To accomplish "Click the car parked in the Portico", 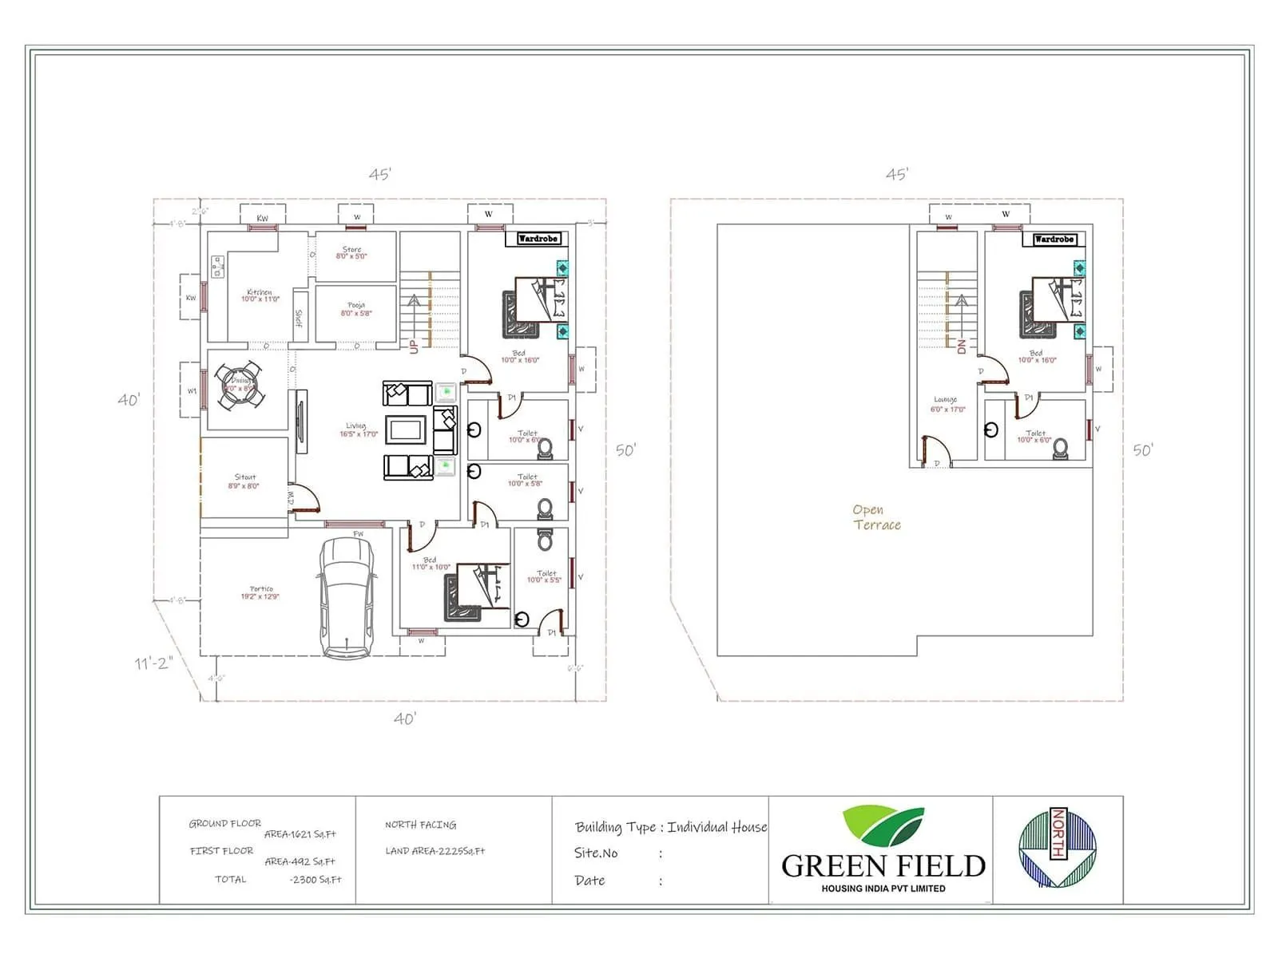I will [347, 597].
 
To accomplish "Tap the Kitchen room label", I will [260, 295].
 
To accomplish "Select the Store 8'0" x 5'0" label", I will [351, 252].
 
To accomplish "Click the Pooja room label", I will [356, 309].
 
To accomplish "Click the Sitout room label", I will [244, 481].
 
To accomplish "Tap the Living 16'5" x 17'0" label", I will [358, 430].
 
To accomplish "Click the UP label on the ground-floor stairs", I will [414, 346].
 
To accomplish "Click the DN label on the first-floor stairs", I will [962, 346].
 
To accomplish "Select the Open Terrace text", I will [876, 517].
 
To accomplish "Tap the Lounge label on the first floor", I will [947, 404].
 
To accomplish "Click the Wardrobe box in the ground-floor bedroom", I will [538, 239].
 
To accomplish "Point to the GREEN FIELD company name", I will [883, 866].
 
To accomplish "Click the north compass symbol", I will [1057, 848].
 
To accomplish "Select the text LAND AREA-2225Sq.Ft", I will [435, 851].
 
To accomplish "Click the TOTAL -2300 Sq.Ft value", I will [316, 880].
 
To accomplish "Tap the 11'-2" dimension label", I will [153, 663].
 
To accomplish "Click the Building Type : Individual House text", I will [670, 827].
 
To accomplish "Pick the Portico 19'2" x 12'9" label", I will [260, 593].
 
